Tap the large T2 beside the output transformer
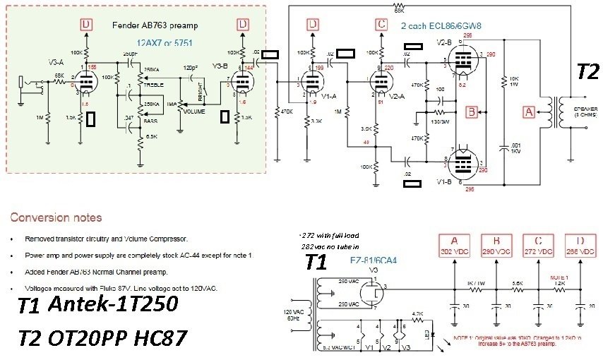[x=587, y=71]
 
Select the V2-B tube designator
[x=444, y=42]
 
